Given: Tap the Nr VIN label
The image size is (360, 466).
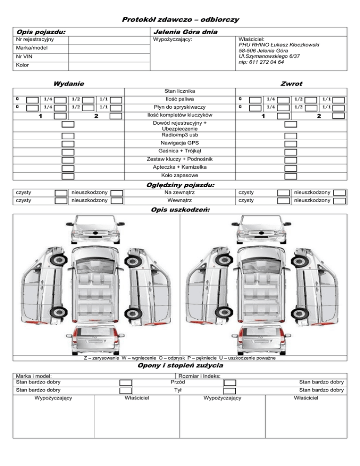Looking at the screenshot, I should pos(24,57).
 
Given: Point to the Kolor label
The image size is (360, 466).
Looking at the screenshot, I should pos(22,65).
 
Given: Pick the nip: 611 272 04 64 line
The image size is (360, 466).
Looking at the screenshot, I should pos(261,62).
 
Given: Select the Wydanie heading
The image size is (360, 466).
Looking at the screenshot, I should pos(69,83).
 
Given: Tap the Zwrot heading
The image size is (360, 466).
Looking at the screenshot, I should pos(291,83).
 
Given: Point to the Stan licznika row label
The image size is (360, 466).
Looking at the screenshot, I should pos(180,90).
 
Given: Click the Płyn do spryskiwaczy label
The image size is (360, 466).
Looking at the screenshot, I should pos(180,107).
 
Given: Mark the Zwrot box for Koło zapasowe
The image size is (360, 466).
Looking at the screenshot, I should pos(291,176).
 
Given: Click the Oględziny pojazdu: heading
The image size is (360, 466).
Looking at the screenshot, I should pos(180,185).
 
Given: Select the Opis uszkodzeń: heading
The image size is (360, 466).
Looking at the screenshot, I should pos(180,210).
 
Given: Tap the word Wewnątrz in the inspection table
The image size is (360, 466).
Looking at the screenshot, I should pos(180,200).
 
